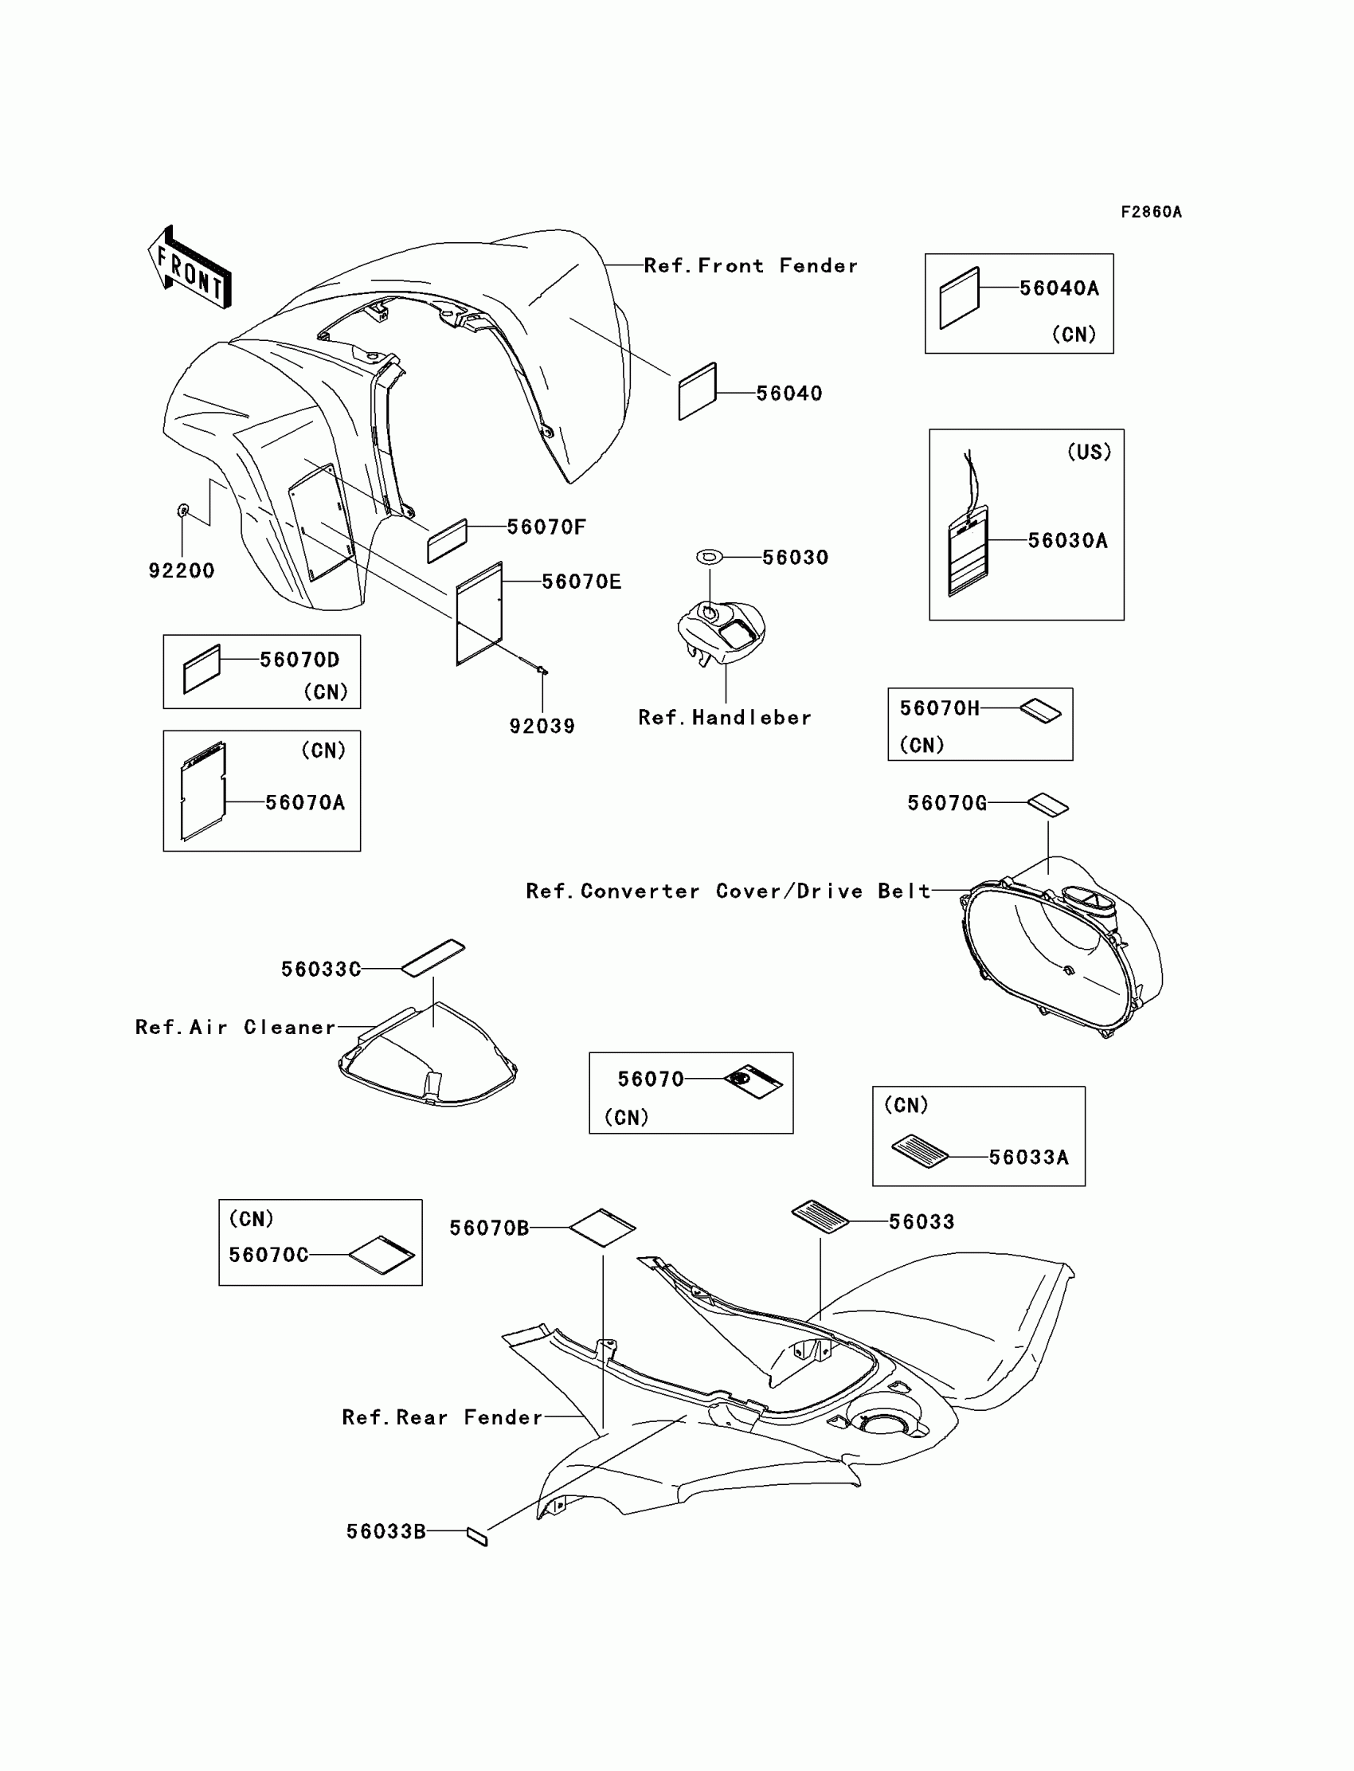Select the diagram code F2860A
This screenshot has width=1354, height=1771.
coord(1151,212)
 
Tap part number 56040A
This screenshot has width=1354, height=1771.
coord(1059,288)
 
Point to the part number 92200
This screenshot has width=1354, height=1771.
coord(182,570)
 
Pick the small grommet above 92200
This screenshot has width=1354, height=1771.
coord(183,510)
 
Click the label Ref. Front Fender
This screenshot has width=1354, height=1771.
coord(750,266)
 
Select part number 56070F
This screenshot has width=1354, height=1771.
coord(546,527)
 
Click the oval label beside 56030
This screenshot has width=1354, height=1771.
coord(709,556)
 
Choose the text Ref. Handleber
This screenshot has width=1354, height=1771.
coord(725,718)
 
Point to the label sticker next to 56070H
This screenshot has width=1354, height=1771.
coord(1040,710)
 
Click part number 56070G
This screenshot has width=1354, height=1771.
coord(947,803)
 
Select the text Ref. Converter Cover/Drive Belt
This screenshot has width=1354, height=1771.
coord(728,891)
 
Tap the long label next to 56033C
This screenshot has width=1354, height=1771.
coord(432,958)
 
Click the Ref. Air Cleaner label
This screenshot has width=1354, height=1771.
coord(235,1027)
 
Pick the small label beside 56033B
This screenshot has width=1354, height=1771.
coord(477,1537)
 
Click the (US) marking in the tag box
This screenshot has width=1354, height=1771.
coord(1089,453)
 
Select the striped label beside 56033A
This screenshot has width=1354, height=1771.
coord(920,1150)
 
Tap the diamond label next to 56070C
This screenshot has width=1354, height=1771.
coord(382,1255)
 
